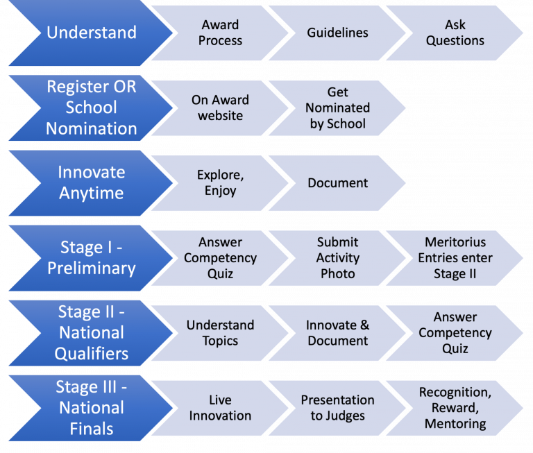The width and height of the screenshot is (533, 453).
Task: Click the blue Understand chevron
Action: (90, 33)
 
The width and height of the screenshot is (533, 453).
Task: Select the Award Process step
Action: (220, 33)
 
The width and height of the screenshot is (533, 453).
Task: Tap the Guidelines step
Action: (338, 33)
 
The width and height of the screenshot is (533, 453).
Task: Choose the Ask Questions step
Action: (455, 33)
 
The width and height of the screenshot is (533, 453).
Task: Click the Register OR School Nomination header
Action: (90, 108)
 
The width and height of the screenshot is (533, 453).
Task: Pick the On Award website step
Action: (220, 108)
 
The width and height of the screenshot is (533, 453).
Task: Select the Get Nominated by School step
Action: (338, 108)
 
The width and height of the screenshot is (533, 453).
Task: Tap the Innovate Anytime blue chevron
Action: (90, 183)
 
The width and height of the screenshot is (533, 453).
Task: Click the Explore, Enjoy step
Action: (220, 183)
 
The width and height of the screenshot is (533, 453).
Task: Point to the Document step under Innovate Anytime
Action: (338, 183)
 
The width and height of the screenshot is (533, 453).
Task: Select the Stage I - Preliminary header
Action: (90, 258)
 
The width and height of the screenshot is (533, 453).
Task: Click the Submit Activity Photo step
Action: (338, 258)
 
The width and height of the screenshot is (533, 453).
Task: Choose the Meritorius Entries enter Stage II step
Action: (455, 258)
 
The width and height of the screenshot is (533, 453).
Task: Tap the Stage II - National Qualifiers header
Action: (90, 333)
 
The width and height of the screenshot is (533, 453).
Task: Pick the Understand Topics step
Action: (220, 333)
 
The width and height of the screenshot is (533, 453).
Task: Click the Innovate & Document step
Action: (338, 333)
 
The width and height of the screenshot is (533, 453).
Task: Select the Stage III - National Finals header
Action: (90, 408)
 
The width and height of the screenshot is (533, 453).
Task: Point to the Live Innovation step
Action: (220, 408)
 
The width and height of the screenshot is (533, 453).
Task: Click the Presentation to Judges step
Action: (338, 408)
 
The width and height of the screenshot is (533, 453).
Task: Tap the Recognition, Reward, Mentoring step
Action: (455, 408)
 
